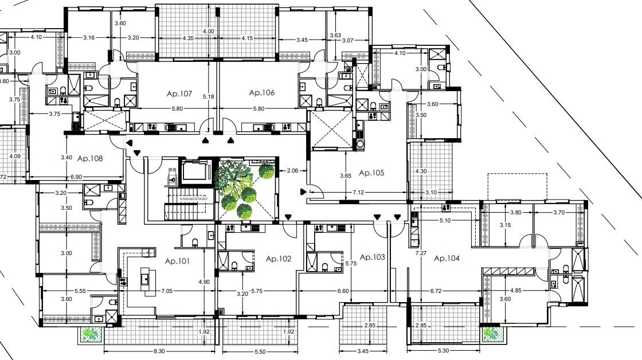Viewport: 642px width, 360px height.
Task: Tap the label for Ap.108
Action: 90,158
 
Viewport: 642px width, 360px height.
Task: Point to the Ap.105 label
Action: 371,173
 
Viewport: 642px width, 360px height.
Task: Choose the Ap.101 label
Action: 177,261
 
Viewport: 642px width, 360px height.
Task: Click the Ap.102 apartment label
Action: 279,259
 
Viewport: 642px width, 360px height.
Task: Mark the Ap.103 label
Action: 371,257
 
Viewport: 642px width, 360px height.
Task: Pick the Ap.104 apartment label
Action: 447,259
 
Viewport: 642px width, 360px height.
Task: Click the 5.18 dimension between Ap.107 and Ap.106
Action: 208,97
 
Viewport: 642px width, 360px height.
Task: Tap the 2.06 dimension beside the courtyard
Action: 292,170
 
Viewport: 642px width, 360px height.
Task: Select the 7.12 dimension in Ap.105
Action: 359,192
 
